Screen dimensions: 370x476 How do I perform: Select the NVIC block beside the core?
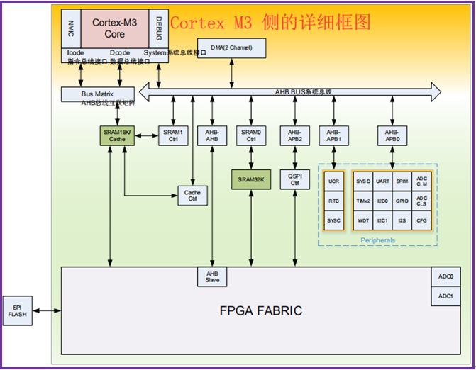point(70,28)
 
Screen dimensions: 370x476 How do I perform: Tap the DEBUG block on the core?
point(158,28)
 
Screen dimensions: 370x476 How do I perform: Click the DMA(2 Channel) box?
point(231,48)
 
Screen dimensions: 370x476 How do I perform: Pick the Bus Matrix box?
point(97,94)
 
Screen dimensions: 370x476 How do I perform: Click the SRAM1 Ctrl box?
point(173,135)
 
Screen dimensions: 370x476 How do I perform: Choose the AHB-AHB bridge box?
point(212,135)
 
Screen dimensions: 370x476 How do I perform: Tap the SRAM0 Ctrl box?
point(251,135)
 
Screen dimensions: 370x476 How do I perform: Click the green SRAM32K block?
point(251,179)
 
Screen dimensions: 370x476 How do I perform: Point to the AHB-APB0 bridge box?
point(392,135)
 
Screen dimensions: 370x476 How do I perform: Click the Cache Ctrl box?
point(192,196)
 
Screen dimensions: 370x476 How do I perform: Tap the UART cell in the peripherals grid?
point(382,181)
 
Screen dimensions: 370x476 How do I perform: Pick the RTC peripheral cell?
point(333,201)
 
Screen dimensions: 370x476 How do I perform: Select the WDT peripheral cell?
point(363,220)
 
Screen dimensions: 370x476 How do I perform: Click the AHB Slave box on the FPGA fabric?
point(212,276)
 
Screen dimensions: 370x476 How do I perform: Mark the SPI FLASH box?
point(17,310)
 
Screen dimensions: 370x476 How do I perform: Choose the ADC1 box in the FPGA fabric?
point(445,296)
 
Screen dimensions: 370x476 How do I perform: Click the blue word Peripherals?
point(377,240)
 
